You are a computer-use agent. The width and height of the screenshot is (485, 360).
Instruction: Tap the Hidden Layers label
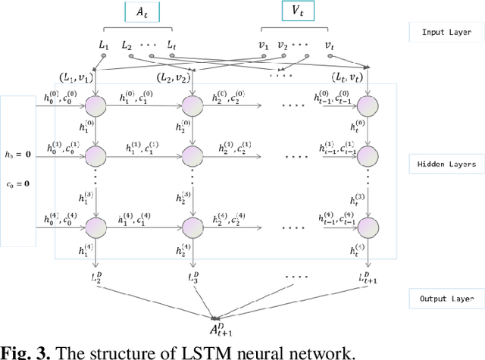coord(446,164)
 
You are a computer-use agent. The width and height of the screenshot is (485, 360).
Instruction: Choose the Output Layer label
coord(444,298)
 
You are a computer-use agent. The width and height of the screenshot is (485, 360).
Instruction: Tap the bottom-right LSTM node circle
coord(368,227)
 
